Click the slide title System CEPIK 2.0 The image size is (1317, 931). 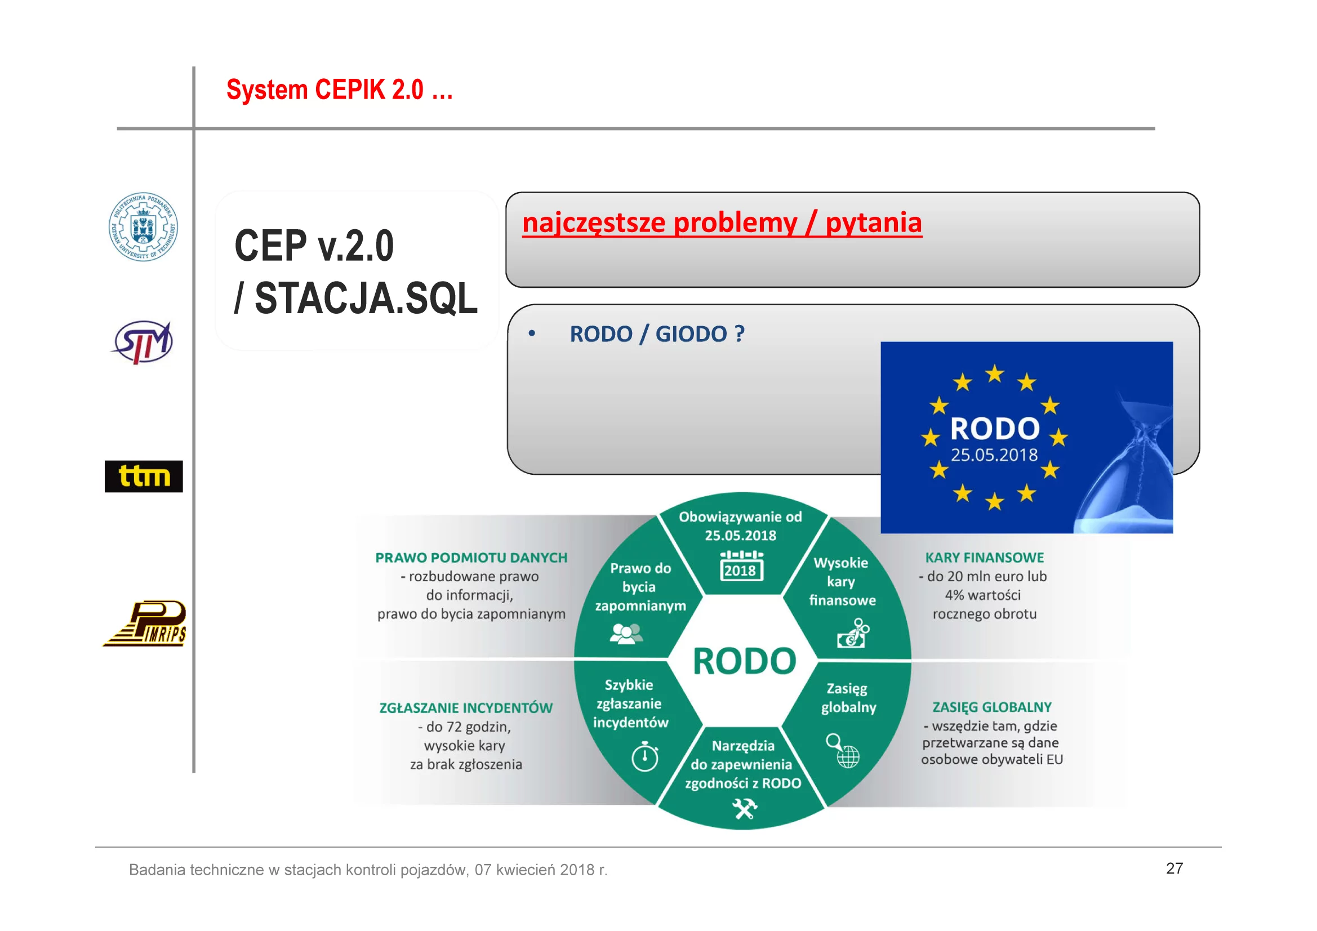pos(340,90)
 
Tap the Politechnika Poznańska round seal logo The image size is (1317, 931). pos(144,226)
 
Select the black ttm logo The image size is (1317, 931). pos(144,476)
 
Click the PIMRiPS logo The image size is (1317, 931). pos(145,623)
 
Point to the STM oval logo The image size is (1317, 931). pos(143,342)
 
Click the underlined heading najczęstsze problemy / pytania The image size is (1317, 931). pos(722,222)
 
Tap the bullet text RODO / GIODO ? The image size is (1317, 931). pos(657,334)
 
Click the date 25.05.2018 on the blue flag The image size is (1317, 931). pos(994,455)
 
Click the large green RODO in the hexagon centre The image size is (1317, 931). pos(745,661)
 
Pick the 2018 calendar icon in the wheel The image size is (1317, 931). pos(741,565)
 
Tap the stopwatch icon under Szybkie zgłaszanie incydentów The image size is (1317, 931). pos(645,756)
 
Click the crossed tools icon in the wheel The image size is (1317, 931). pos(744,809)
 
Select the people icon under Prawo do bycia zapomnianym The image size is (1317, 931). pos(626,633)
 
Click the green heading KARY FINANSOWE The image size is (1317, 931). pos(984,558)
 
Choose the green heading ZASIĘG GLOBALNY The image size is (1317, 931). pos(992,707)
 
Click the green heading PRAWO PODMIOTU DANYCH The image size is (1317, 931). pos(471,558)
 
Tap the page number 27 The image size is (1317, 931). pos(1174,868)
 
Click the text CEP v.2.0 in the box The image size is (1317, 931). pos(314,246)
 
